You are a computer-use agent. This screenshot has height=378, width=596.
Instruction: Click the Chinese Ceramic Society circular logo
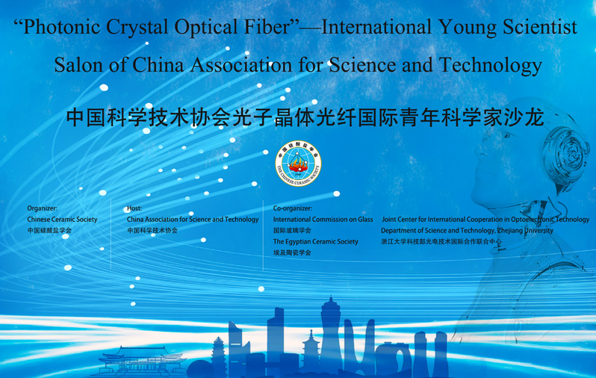click(299, 164)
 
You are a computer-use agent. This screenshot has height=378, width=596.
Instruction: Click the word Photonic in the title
click(61, 28)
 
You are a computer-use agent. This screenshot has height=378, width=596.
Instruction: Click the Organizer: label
click(42, 208)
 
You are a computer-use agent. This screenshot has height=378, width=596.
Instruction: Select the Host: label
click(134, 208)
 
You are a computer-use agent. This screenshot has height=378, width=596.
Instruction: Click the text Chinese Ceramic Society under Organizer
click(62, 220)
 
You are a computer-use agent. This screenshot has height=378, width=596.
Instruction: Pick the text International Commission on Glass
click(323, 220)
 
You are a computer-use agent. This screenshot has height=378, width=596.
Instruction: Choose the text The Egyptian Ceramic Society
click(315, 241)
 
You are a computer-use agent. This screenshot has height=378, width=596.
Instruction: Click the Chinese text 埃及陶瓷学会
click(292, 252)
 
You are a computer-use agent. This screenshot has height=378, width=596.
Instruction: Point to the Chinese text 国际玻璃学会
click(292, 230)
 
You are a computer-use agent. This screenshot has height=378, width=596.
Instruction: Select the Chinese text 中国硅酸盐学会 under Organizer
click(49, 230)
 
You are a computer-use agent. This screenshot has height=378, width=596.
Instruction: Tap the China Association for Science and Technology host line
click(193, 220)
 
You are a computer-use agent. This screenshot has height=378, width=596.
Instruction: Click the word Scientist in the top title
click(540, 28)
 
